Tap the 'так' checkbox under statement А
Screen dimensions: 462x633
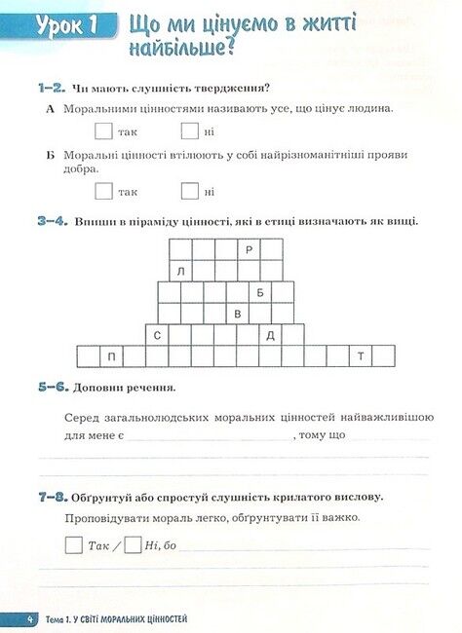point(103,130)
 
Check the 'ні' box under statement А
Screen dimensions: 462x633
point(190,130)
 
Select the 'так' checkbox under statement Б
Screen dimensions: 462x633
point(103,191)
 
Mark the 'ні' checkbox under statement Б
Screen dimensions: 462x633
point(190,191)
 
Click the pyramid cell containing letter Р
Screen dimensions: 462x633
point(250,250)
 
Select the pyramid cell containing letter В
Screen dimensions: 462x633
point(238,314)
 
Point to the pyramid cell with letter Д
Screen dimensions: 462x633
point(271,335)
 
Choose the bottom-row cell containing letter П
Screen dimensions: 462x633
point(112,356)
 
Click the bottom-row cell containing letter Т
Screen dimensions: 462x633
point(361,356)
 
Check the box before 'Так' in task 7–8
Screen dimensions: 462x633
point(74,545)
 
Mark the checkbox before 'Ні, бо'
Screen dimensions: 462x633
point(134,545)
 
